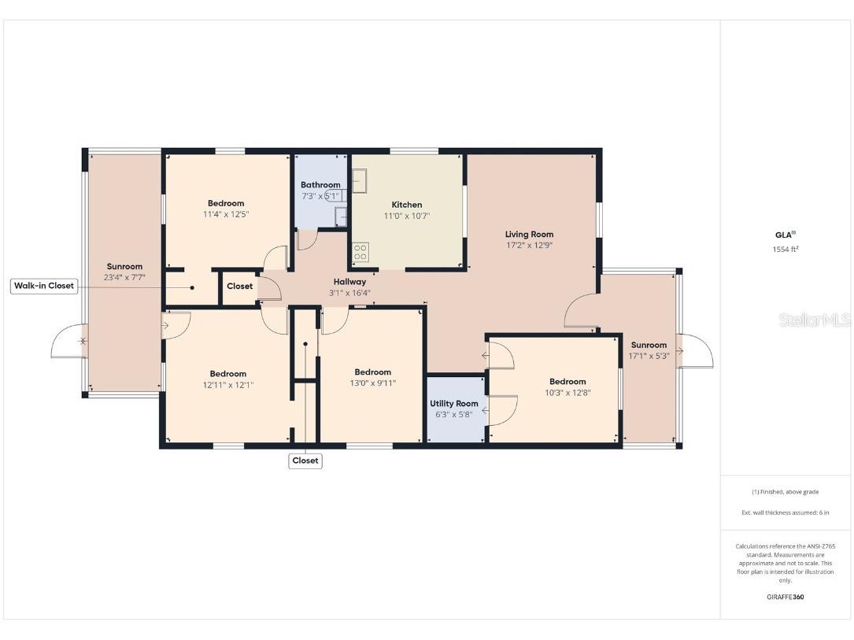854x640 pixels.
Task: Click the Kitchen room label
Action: pos(407,205)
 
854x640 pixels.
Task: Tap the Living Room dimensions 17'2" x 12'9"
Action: pos(529,245)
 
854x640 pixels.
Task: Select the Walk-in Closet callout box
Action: pos(45,286)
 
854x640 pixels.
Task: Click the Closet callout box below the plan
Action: pos(305,461)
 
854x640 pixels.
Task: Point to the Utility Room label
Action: pos(453,404)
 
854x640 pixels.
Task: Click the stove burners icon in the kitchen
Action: pos(360,252)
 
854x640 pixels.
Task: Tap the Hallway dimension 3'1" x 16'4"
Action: pos(349,293)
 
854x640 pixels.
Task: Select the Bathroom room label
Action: pos(320,185)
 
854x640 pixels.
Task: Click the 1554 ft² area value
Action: pos(785,250)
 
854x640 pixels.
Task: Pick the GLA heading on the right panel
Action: pos(784,235)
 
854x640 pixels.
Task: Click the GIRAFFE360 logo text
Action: pos(785,597)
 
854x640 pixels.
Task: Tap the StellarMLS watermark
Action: pos(814,320)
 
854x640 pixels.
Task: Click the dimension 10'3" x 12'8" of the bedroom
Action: pos(567,392)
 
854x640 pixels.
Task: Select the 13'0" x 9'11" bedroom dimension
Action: pos(372,383)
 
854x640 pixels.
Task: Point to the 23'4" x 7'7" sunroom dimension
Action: pos(124,277)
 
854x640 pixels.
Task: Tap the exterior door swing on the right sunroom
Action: pos(697,351)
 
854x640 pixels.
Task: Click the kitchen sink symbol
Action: pos(360,183)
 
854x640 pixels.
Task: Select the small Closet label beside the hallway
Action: pos(239,287)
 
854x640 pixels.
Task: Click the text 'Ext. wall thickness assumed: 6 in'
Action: pos(785,512)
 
